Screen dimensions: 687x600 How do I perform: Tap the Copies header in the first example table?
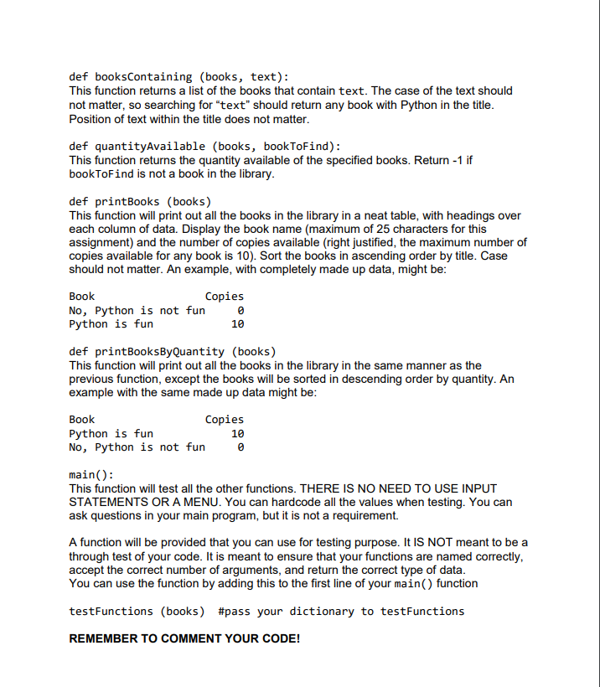pyautogui.click(x=225, y=296)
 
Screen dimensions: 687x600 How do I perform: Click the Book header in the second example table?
pyautogui.click(x=82, y=419)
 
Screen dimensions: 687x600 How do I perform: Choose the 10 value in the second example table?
pyautogui.click(x=237, y=433)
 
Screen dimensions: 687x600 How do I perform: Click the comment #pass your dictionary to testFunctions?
pyautogui.click(x=340, y=611)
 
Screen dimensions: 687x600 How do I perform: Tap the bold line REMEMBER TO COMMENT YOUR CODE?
pyautogui.click(x=184, y=638)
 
